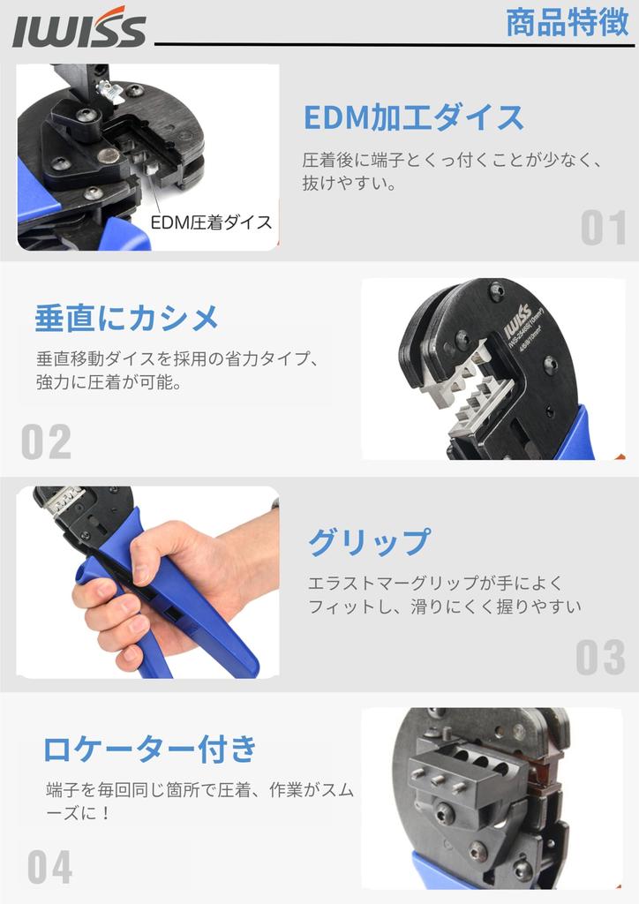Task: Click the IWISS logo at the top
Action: point(79,31)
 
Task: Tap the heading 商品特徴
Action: point(567,23)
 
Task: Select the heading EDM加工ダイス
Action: point(413,117)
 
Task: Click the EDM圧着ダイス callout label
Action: point(211,222)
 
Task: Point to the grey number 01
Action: point(604,229)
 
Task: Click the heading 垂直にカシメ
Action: point(126,319)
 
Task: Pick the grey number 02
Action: point(46,442)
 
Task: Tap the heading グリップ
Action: point(369,542)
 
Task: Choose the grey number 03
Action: point(600,658)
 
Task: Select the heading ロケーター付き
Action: point(150,749)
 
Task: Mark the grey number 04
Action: point(49,868)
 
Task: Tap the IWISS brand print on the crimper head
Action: point(517,321)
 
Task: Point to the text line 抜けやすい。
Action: point(350,185)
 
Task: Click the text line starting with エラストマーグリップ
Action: point(434,584)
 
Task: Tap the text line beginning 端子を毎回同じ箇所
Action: point(199,791)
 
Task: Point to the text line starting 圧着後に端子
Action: point(452,161)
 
